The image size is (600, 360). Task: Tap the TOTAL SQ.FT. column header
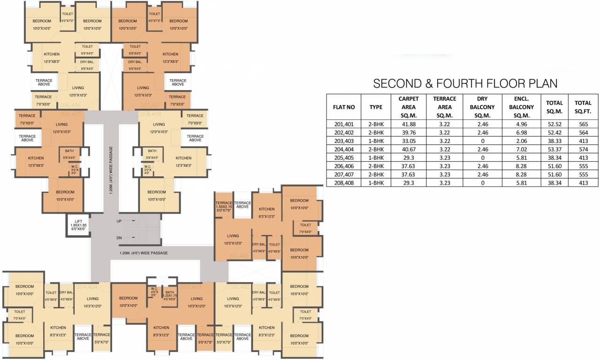(583, 107)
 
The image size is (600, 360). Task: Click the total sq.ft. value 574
(583, 150)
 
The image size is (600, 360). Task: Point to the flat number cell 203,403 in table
(343, 141)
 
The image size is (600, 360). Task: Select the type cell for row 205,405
(376, 158)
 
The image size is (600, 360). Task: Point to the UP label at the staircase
(119, 220)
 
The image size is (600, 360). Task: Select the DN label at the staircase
(119, 238)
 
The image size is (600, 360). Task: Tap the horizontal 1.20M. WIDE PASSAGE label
(144, 253)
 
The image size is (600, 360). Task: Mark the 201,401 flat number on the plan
(239, 256)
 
